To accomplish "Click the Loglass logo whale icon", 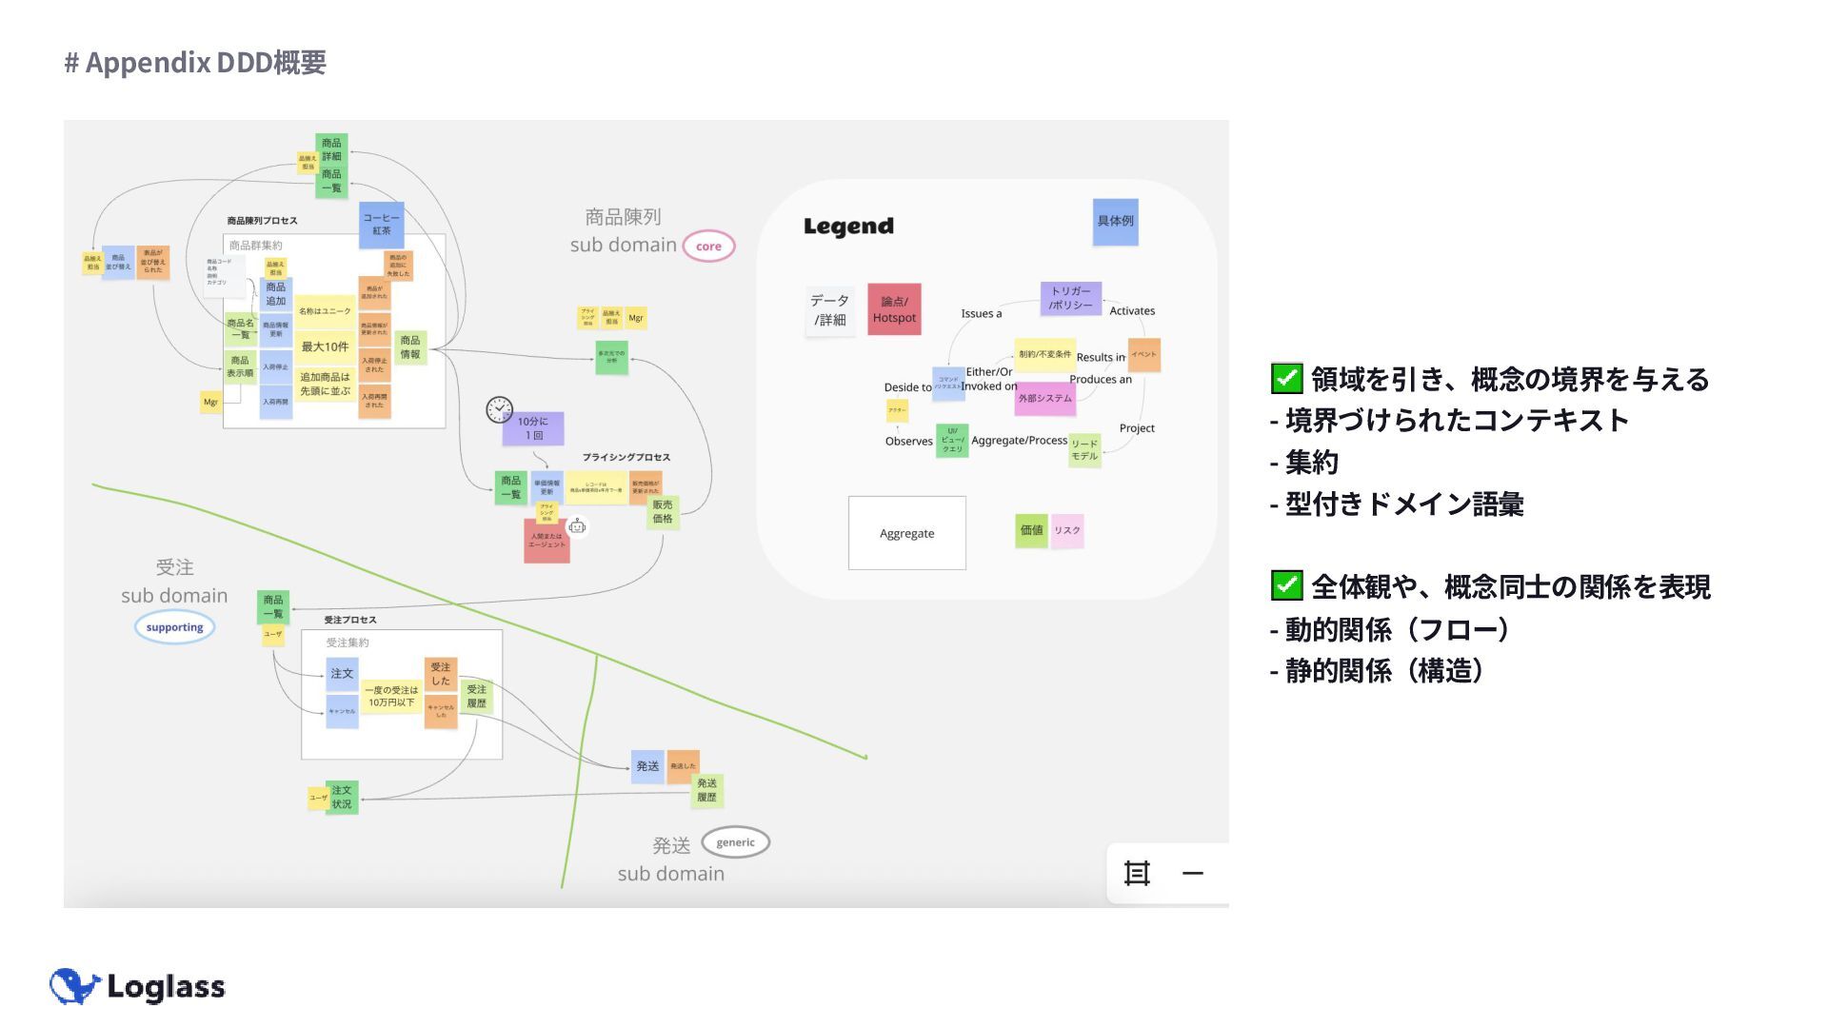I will [x=74, y=986].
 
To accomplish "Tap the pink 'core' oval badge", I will [x=708, y=246].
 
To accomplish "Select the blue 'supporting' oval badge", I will [x=174, y=627].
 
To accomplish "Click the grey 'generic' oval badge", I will [x=735, y=842].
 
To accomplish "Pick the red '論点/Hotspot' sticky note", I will [x=894, y=309].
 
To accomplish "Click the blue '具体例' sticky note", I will [x=1115, y=222].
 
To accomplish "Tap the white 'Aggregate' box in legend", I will [x=906, y=533].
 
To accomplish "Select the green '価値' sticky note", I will [x=1031, y=530].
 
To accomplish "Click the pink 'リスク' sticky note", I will [x=1067, y=530].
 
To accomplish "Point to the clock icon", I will [x=499, y=409].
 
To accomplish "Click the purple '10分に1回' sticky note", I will [x=533, y=428].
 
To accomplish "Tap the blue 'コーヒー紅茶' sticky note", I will [x=382, y=225].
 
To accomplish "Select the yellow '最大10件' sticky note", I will [x=325, y=346].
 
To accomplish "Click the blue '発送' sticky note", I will [x=647, y=766].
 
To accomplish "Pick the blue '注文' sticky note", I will [x=342, y=674].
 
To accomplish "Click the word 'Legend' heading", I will [x=848, y=227].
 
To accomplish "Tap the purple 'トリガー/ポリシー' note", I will [x=1071, y=298].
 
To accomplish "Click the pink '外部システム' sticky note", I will [x=1045, y=398].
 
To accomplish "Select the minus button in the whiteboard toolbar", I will [x=1193, y=873].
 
